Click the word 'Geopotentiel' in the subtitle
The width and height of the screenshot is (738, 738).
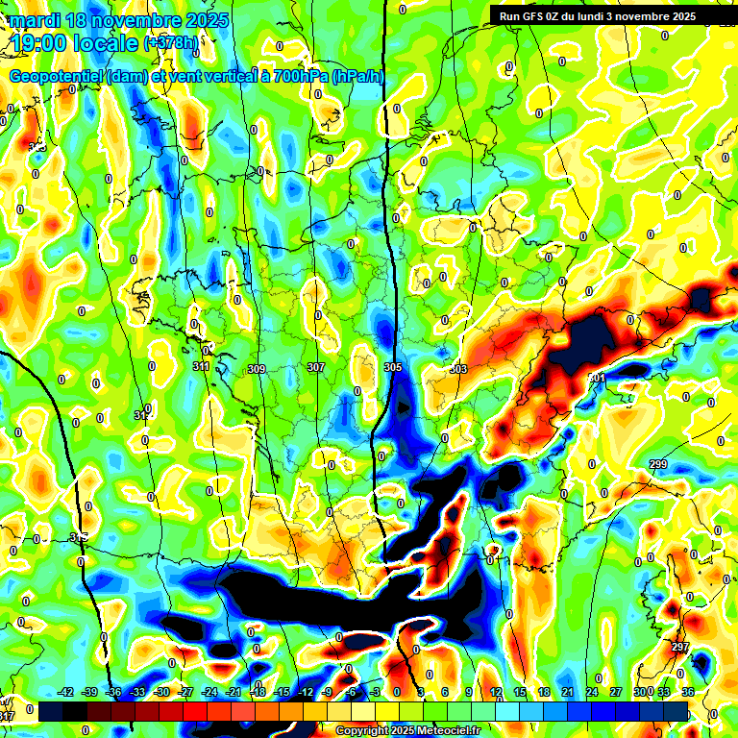(x=56, y=77)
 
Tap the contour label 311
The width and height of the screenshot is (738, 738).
(x=201, y=366)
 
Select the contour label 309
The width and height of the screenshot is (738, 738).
(x=257, y=369)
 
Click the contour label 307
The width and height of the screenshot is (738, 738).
(x=316, y=368)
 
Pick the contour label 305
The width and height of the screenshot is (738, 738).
(x=393, y=368)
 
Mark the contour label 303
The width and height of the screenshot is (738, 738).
(x=458, y=369)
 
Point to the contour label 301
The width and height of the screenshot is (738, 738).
(x=597, y=379)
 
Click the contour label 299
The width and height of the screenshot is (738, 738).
(x=658, y=464)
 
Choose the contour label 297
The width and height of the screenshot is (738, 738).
(x=680, y=647)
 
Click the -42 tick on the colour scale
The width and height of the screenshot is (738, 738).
(x=66, y=692)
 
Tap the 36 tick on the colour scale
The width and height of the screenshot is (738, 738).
(x=688, y=692)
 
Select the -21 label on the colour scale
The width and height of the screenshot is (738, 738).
(x=234, y=692)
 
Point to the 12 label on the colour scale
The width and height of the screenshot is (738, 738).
(x=496, y=692)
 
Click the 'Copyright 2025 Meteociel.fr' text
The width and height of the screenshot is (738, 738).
(x=407, y=730)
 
